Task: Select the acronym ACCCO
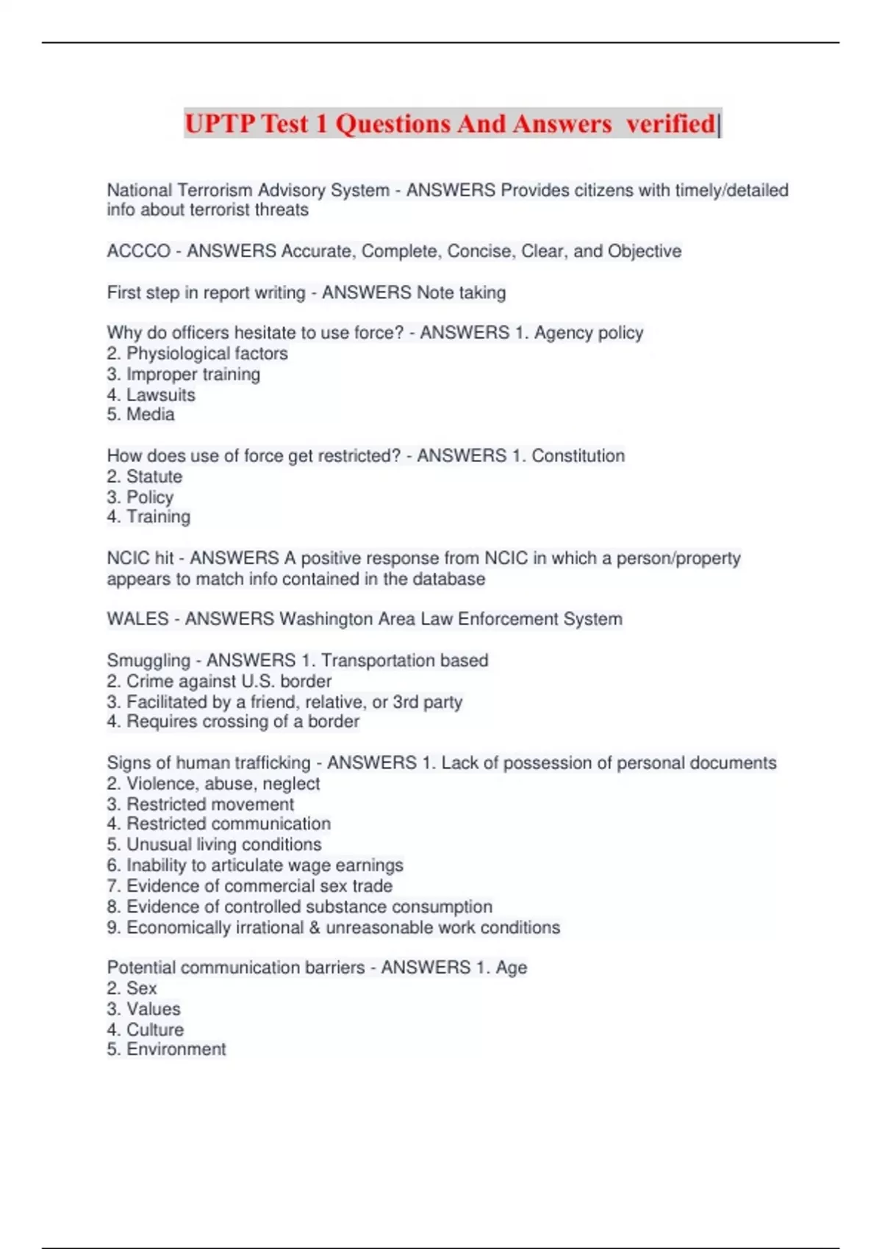pos(138,251)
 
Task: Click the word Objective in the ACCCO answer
pos(645,251)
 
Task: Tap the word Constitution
pos(578,456)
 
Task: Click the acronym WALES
pos(137,619)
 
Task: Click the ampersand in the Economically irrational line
pos(315,927)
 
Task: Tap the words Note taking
pos(460,292)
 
